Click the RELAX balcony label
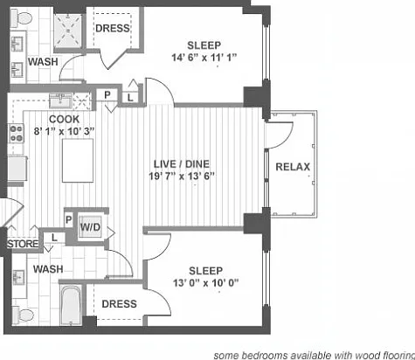click(x=293, y=167)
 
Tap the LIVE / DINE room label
click(x=182, y=164)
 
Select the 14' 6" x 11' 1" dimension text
click(x=204, y=58)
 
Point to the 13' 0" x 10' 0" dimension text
click(x=206, y=283)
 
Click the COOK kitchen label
click(x=64, y=119)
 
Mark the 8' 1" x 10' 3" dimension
click(x=64, y=131)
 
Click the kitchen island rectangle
click(x=78, y=161)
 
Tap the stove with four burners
click(x=17, y=134)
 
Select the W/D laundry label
click(x=90, y=227)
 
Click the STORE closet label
click(x=23, y=244)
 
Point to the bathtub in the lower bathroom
click(x=72, y=305)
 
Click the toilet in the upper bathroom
click(x=21, y=18)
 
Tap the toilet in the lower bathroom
click(x=23, y=315)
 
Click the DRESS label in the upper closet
click(x=113, y=28)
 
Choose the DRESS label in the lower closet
click(x=120, y=304)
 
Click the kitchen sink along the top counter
click(x=60, y=100)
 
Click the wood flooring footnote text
click(x=315, y=356)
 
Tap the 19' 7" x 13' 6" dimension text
click(x=182, y=177)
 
